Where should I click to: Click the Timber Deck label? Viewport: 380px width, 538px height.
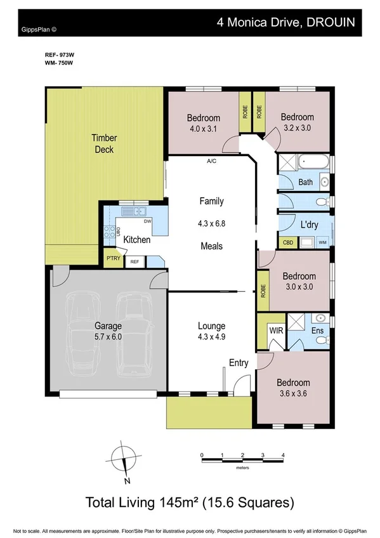[x=104, y=143]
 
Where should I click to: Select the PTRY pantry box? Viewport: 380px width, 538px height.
[x=113, y=258]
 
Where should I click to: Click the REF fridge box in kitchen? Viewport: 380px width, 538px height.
[x=134, y=261]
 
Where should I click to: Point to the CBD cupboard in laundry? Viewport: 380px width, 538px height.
[x=287, y=242]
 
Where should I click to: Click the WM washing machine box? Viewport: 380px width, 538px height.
[x=323, y=242]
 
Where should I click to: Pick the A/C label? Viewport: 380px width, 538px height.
[x=211, y=161]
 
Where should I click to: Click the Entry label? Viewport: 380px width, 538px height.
[x=239, y=363]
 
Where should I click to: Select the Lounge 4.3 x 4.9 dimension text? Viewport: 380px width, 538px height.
[x=211, y=336]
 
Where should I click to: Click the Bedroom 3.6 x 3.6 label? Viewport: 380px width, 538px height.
[x=293, y=388]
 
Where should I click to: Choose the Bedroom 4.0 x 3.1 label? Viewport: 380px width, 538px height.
[x=203, y=123]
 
